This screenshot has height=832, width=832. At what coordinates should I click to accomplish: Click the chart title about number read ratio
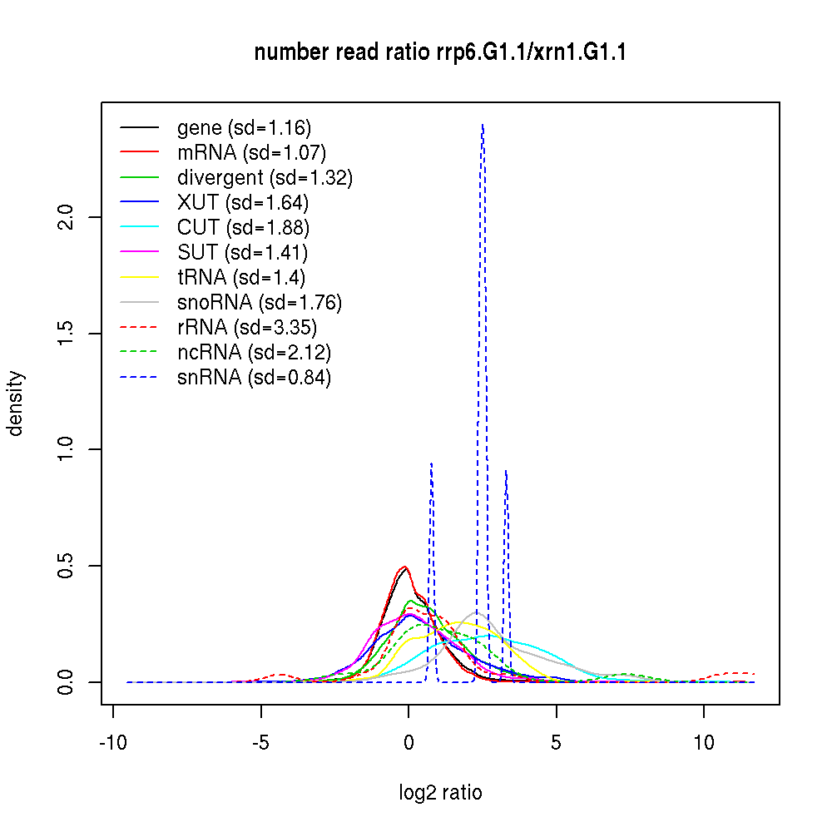coord(440,52)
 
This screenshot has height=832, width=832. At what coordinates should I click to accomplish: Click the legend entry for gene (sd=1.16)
coord(244,128)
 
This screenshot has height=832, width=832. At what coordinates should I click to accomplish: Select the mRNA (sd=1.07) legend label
coord(251,153)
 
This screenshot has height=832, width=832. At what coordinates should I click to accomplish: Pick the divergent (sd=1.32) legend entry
coord(265,178)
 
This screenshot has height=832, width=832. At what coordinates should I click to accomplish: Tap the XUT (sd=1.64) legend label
coord(242,203)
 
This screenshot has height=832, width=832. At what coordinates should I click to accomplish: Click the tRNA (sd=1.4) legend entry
coord(246,278)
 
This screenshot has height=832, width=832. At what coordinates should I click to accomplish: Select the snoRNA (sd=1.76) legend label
coord(260,303)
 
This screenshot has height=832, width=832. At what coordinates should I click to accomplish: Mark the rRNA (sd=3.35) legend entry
coord(247,328)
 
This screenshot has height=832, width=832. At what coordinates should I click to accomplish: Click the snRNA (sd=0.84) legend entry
coord(254,378)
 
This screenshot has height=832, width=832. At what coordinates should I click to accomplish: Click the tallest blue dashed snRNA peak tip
coord(483,125)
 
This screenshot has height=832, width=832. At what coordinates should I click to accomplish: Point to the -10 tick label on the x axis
coord(113,743)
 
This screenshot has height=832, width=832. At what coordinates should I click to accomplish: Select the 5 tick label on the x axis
coord(557,743)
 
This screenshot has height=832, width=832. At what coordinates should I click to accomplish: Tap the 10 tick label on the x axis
coord(704,743)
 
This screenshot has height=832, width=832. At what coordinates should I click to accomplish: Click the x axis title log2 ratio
coord(440,793)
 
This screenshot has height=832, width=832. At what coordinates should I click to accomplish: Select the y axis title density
coord(16,403)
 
